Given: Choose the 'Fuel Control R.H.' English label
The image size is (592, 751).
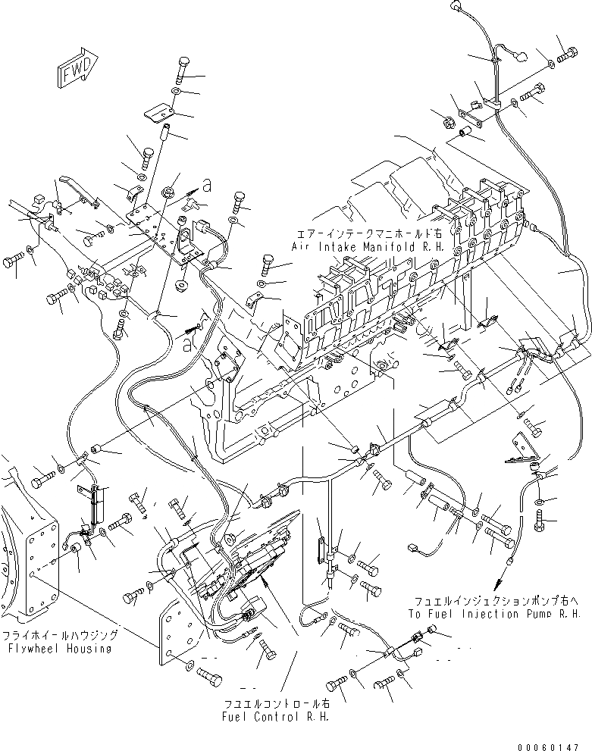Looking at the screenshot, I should click(x=275, y=716).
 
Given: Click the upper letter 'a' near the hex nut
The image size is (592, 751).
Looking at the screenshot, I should click(x=207, y=183).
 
